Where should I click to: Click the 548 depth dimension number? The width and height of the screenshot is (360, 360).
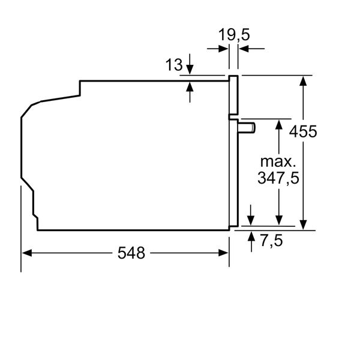click(x=131, y=253)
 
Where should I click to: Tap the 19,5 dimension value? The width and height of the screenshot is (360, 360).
click(x=233, y=35)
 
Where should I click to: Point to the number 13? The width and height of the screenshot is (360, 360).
click(x=174, y=65)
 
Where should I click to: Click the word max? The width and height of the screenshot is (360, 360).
click(x=278, y=161)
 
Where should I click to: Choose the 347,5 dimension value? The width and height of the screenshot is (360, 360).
click(x=278, y=178)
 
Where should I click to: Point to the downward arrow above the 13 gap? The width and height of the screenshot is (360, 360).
click(x=190, y=70)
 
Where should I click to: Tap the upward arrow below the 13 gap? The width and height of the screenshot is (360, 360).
click(x=190, y=86)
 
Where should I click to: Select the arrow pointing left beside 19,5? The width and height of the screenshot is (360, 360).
click(x=244, y=49)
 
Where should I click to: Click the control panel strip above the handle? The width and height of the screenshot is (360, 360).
click(x=233, y=95)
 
